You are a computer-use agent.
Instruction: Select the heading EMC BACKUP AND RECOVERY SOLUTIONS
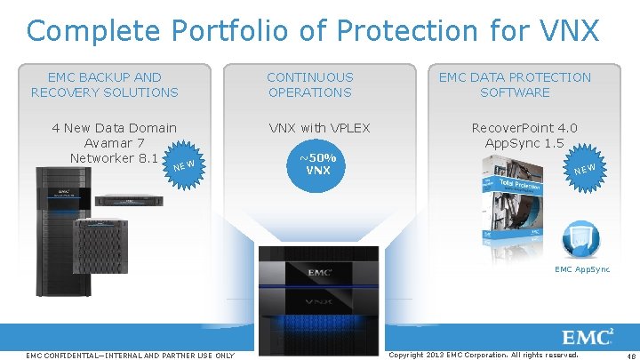pyautogui.click(x=104, y=85)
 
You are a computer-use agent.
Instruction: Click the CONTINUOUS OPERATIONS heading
pyautogui.click(x=309, y=85)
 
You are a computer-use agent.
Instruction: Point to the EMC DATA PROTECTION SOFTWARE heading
pyautogui.click(x=515, y=85)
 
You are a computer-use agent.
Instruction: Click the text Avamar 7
pyautogui.click(x=114, y=143)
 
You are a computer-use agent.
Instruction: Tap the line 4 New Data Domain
pyautogui.click(x=114, y=128)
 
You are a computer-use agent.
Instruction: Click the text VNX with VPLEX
pyautogui.click(x=319, y=128)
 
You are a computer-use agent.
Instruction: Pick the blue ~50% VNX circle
pyautogui.click(x=318, y=164)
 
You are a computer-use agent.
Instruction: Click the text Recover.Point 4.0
pyautogui.click(x=524, y=128)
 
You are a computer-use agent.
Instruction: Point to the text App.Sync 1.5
pyautogui.click(x=524, y=143)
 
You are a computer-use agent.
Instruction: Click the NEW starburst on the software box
pyautogui.click(x=584, y=168)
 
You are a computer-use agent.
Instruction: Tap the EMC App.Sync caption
pyautogui.click(x=582, y=269)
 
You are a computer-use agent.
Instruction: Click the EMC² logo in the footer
pyautogui.click(x=588, y=337)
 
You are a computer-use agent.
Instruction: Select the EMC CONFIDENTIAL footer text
pyautogui.click(x=131, y=356)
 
